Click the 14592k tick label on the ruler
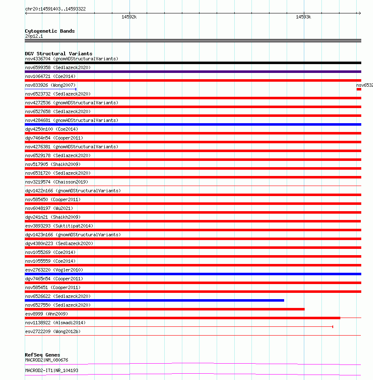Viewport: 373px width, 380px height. [129, 17]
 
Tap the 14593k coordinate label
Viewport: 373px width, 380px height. [303, 17]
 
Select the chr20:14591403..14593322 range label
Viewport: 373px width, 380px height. [55, 9]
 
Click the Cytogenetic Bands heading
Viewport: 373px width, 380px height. [49, 31]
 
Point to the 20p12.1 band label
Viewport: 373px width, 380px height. [34, 36]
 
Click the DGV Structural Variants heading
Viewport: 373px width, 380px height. [59, 54]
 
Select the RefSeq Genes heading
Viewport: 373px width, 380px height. [42, 355]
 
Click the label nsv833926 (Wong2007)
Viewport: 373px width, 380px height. [50, 85]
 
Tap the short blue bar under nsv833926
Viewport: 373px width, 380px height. [50, 89]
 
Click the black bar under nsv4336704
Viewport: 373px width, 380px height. [193, 63]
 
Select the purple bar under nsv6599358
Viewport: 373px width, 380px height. [193, 72]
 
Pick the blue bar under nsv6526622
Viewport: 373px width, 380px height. [154, 300]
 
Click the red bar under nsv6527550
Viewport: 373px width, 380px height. [164, 309]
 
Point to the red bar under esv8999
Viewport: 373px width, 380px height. [182, 318]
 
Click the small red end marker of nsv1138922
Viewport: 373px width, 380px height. [332, 326]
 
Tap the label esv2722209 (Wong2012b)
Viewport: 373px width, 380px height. [53, 331]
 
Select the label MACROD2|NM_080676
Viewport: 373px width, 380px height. [47, 360]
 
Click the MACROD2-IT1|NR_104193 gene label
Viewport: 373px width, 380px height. [52, 370]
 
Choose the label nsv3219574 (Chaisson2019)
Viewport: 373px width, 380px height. [57, 182]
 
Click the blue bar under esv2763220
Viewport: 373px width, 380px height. [193, 274]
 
